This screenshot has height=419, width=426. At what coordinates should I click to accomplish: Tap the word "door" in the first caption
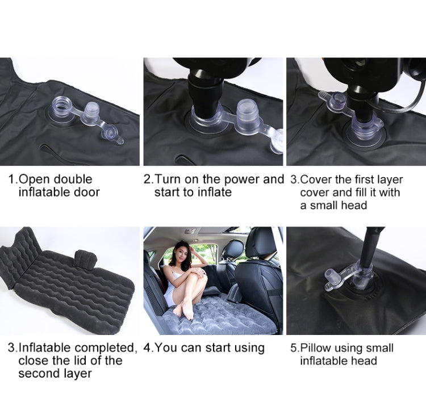click(86, 192)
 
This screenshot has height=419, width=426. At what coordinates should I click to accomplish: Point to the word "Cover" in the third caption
click(316, 179)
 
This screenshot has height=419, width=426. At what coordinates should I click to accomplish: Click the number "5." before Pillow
click(295, 347)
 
